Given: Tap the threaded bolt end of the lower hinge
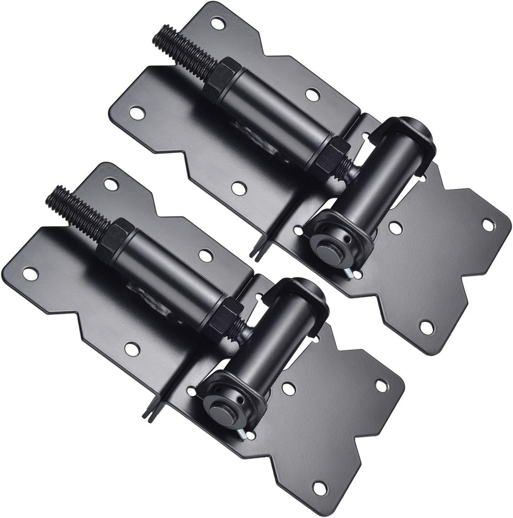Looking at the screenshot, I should click(x=73, y=208).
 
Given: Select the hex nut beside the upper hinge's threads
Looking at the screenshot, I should click(x=220, y=80).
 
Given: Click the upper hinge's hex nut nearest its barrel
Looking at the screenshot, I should click(x=332, y=155).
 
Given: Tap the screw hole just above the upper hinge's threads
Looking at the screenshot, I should click(x=217, y=23).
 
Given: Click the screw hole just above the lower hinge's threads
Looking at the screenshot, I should click(x=110, y=183).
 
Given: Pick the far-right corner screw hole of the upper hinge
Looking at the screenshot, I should click(x=488, y=224).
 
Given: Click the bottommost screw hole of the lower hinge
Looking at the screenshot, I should click(x=320, y=487).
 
